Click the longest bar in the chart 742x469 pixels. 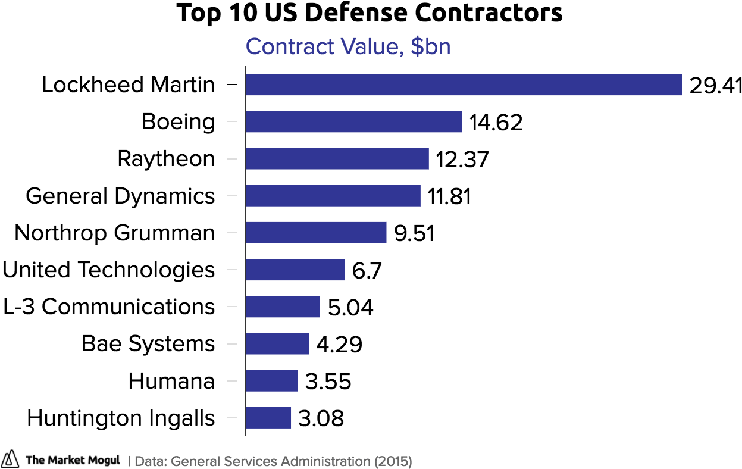coord(463,85)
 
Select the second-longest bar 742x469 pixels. coord(353,121)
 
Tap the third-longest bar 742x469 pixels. coord(337,158)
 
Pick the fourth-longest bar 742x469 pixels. coord(333,195)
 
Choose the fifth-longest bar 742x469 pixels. coord(316,232)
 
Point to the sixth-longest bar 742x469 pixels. coord(295,270)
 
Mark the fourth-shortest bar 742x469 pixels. coord(283,307)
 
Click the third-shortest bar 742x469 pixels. coord(277,343)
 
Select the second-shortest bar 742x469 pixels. coord(271,380)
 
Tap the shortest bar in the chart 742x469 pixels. coord(268,417)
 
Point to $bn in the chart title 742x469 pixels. coord(430,47)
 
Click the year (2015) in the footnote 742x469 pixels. coord(393,461)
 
